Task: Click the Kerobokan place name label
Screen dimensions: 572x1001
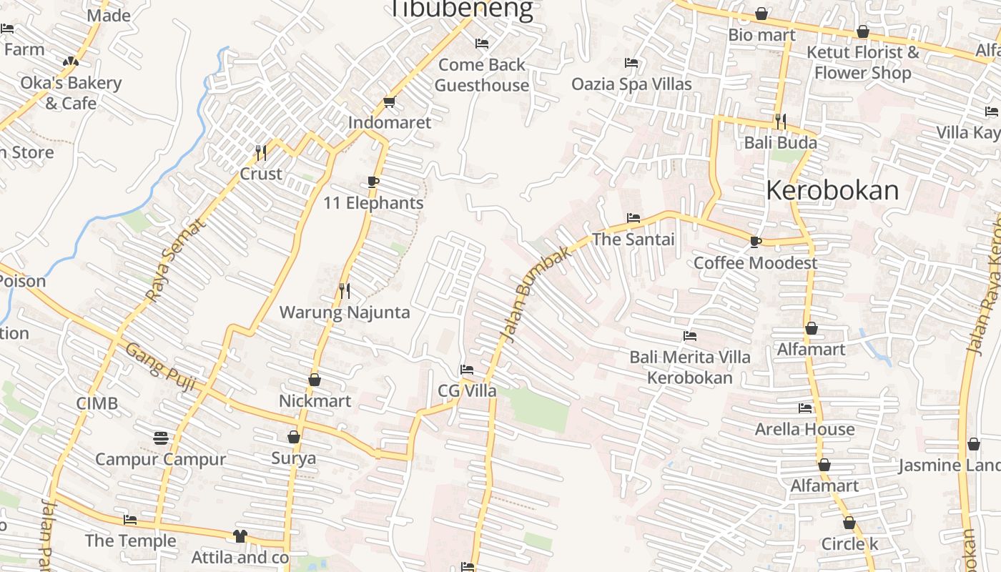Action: coord(832,191)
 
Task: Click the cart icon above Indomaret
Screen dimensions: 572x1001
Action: coord(389,102)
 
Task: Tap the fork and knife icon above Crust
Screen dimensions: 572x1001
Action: coord(261,152)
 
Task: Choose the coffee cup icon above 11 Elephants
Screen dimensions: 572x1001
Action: coord(373,182)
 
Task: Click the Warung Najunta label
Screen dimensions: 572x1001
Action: coord(345,312)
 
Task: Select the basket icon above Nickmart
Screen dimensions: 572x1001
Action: coord(315,380)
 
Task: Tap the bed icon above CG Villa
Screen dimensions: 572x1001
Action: coord(467,370)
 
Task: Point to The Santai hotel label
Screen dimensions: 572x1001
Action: coord(633,240)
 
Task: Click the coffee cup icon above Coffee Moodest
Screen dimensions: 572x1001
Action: coord(755,242)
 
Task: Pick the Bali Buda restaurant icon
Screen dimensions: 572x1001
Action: coord(780,121)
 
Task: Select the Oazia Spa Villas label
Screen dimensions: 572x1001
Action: coord(631,84)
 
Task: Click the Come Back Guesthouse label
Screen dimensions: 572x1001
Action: coord(482,75)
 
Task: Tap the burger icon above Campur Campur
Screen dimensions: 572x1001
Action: coord(161,437)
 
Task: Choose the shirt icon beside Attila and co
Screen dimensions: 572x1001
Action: coord(240,536)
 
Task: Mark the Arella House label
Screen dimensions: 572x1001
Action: coord(805,430)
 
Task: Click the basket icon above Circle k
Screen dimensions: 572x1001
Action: coord(849,523)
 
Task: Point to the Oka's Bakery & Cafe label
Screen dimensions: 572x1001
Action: coord(71,93)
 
